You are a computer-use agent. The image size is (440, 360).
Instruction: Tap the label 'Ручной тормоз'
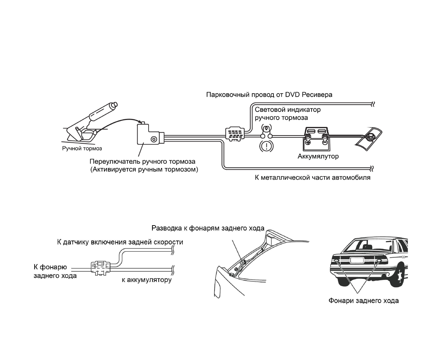tap(82, 149)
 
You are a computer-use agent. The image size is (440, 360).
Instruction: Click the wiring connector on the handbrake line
tap(235, 134)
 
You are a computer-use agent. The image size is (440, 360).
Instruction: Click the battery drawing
tap(316, 139)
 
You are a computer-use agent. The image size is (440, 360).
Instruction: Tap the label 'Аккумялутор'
tap(318, 156)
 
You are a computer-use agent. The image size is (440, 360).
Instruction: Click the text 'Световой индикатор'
tap(288, 109)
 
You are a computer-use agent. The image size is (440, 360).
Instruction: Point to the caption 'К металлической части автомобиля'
tap(312, 177)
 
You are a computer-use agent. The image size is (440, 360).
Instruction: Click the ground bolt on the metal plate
tap(370, 137)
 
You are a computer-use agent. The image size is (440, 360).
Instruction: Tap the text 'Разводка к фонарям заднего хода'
tap(208, 228)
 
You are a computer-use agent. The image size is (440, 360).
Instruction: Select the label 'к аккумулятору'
tap(146, 280)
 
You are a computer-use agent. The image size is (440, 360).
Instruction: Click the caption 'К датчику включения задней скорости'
tap(120, 242)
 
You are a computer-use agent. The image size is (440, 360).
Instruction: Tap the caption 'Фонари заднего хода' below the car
tap(363, 301)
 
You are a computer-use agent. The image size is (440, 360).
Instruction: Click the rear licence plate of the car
tap(357, 260)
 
